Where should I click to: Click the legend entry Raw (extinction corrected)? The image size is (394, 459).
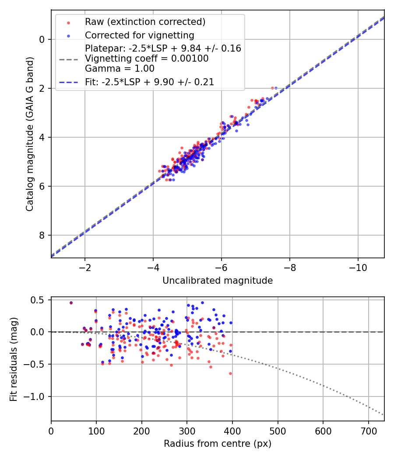[x=145, y=22]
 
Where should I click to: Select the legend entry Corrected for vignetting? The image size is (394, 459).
[x=139, y=35]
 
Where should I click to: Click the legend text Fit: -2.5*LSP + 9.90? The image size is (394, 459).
[x=149, y=82]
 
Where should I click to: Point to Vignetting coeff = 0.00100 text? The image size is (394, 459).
[x=147, y=59]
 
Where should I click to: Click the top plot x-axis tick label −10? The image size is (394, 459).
[x=358, y=267]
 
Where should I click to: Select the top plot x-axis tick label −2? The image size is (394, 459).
[x=85, y=267]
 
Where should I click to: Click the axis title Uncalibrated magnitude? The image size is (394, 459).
[x=218, y=281]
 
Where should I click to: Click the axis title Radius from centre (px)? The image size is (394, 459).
[x=218, y=444]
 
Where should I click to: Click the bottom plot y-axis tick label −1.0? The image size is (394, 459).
[x=37, y=396]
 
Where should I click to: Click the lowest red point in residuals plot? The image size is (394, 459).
[x=230, y=373]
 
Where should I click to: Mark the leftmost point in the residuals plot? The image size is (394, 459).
[x=71, y=303]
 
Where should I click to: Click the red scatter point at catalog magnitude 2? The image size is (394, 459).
[x=272, y=88]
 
